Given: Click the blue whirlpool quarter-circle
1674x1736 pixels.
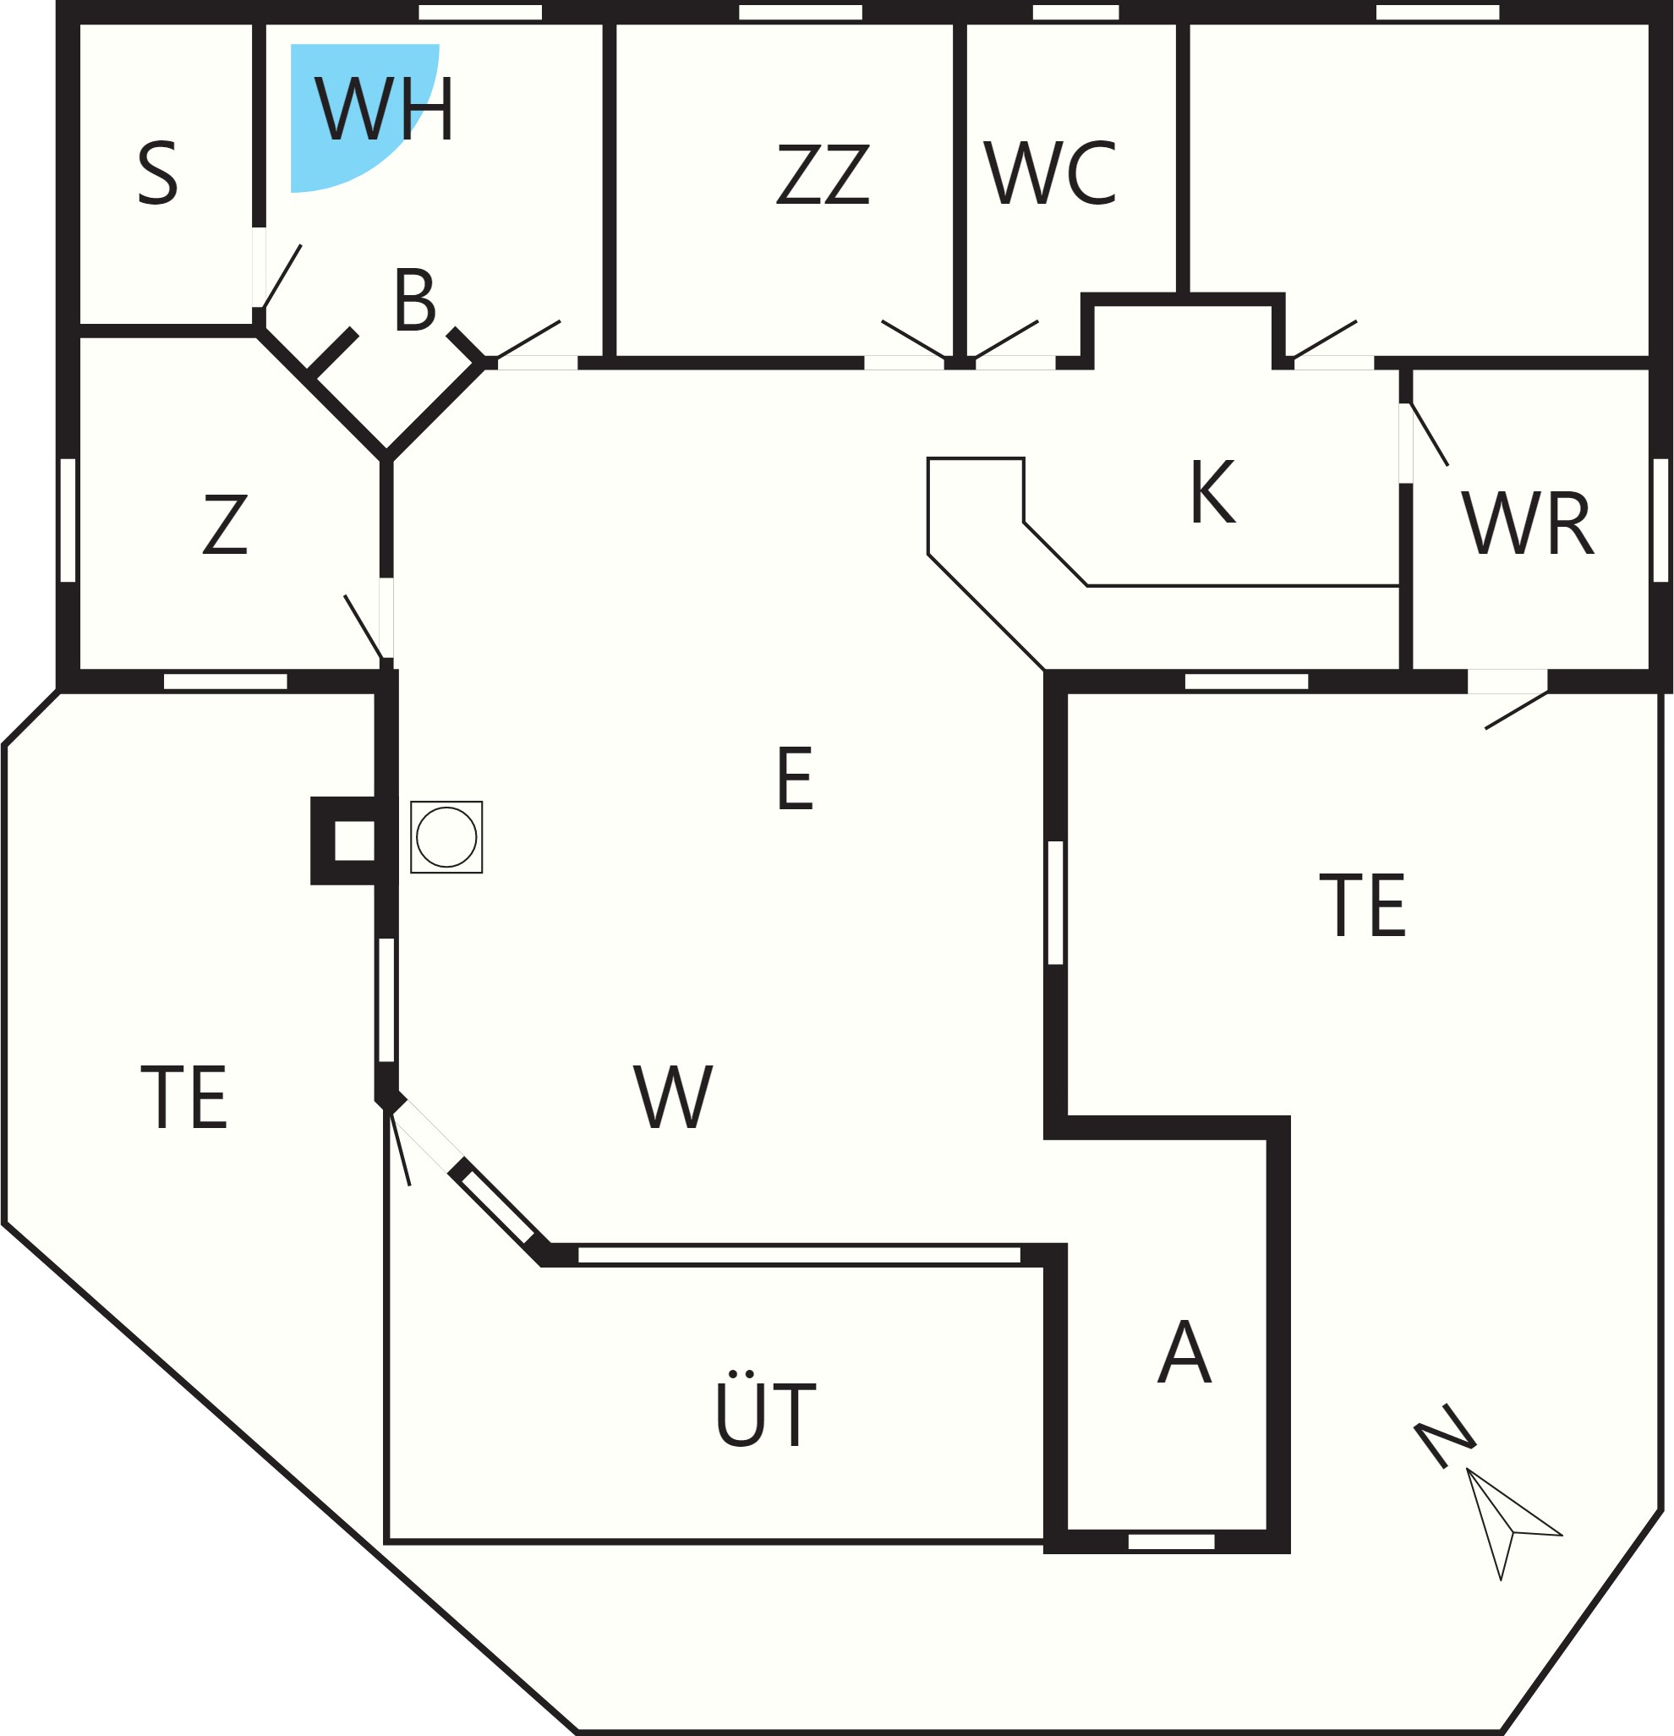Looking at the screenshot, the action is [346, 107].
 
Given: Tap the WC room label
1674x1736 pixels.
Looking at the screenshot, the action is [1049, 173].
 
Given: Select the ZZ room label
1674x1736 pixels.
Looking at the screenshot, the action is [823, 174].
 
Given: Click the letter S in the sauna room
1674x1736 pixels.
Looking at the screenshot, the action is [157, 174].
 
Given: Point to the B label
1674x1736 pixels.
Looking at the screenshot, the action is [414, 300].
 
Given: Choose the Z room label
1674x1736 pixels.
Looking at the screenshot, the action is [225, 524].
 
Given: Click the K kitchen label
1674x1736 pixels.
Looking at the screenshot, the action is [1212, 491].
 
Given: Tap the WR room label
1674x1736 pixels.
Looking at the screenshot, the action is [1527, 523].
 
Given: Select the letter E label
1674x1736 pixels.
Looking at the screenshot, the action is [795, 779].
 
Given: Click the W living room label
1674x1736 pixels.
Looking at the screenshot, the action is [673, 1097].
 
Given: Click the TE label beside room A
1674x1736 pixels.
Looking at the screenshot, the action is [1362, 905].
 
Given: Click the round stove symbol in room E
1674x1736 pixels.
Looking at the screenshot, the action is [446, 837].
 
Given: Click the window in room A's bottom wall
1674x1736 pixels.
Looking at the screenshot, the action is [1171, 1542].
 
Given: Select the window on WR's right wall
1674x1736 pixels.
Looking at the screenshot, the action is [1660, 520].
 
